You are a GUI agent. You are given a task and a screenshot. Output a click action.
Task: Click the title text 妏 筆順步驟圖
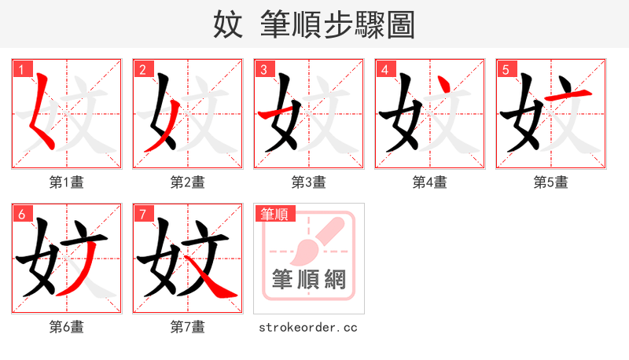(x=314, y=24)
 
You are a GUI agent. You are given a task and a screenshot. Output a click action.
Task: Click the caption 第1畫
(x=67, y=182)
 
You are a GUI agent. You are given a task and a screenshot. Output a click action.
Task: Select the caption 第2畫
(x=188, y=182)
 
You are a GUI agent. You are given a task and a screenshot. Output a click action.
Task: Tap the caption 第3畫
(x=309, y=182)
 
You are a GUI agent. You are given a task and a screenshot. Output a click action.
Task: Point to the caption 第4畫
(x=430, y=182)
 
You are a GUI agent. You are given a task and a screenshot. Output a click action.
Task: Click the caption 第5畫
(x=551, y=182)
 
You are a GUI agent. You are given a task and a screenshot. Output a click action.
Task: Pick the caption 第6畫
(x=67, y=327)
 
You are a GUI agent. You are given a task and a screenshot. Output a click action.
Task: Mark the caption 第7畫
(x=188, y=327)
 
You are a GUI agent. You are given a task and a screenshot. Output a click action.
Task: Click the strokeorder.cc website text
(x=308, y=327)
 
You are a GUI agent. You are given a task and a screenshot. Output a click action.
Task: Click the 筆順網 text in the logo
(x=309, y=280)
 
